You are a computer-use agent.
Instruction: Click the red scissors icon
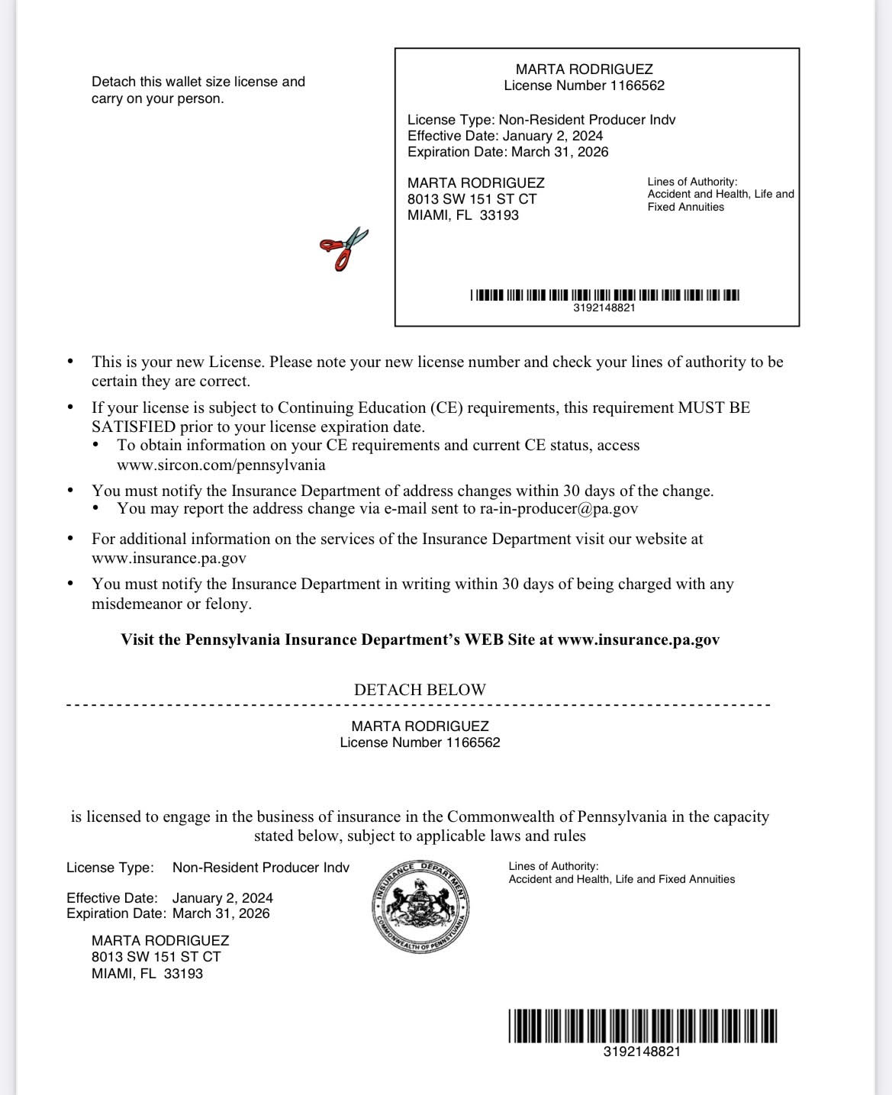point(344,248)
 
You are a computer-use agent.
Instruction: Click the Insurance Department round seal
point(420,905)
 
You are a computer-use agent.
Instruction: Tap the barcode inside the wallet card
point(604,295)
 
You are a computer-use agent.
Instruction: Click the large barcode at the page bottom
point(642,1026)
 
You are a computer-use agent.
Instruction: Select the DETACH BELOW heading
point(420,689)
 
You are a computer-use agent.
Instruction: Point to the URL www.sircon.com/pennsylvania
point(221,465)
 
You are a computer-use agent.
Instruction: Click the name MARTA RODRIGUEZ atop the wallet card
point(584,69)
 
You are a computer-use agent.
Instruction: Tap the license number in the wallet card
point(584,85)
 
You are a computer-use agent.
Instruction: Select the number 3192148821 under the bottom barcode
point(642,1052)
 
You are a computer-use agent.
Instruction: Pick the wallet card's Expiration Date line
point(507,152)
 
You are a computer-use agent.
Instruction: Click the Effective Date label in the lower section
point(111,898)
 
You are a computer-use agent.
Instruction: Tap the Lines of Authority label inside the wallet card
point(692,182)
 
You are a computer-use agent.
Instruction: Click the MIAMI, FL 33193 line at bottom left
point(147,974)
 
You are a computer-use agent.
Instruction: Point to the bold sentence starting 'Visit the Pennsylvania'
point(420,639)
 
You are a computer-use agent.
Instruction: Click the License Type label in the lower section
point(110,868)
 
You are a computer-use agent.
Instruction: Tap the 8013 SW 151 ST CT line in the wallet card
point(472,199)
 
